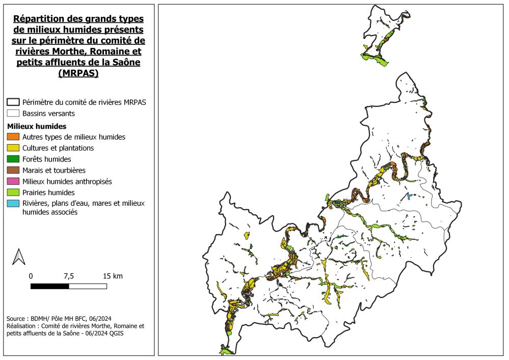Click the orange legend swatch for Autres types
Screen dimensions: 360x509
click(x=13, y=137)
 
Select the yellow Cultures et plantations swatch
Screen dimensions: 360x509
click(x=13, y=148)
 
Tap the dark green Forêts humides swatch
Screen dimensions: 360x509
click(x=13, y=159)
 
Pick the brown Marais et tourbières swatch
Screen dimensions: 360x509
click(x=13, y=171)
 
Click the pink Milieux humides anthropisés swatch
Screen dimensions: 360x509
click(x=13, y=181)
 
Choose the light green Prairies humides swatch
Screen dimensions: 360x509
click(x=13, y=192)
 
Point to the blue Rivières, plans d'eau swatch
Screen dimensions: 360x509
click(x=13, y=204)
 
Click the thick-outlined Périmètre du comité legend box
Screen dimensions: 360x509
click(x=13, y=102)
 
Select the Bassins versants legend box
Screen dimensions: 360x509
click(x=13, y=114)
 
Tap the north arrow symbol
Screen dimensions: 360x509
click(x=19, y=257)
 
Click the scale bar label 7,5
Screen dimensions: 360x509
click(x=69, y=276)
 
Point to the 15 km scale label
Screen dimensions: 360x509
click(x=113, y=276)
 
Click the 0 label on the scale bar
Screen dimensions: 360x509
click(x=31, y=276)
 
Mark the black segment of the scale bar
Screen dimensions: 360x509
click(x=49, y=286)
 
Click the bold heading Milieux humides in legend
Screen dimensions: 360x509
click(x=37, y=126)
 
